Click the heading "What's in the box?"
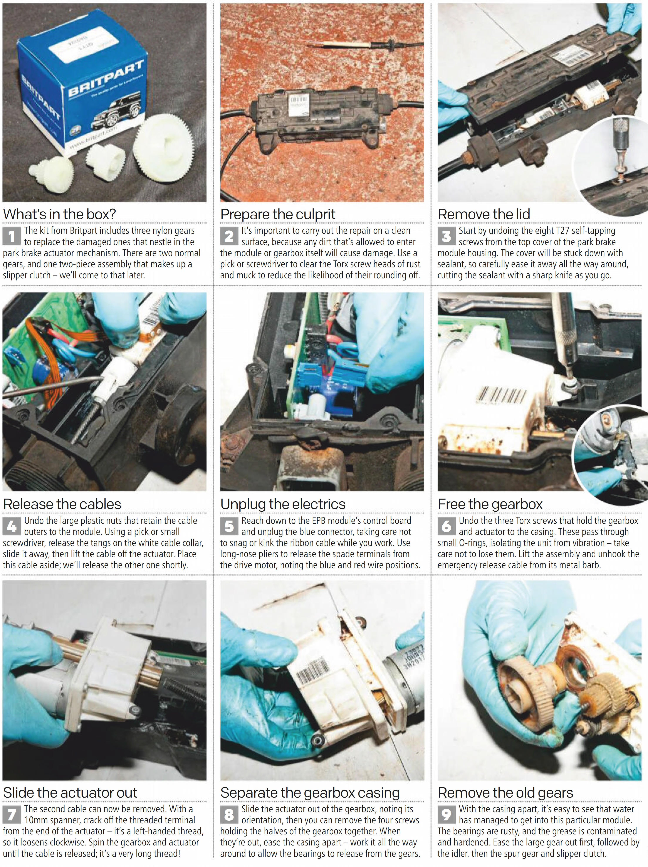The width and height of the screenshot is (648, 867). coord(60,214)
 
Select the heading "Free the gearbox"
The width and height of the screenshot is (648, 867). coord(490,504)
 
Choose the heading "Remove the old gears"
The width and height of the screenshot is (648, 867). coord(505,793)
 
